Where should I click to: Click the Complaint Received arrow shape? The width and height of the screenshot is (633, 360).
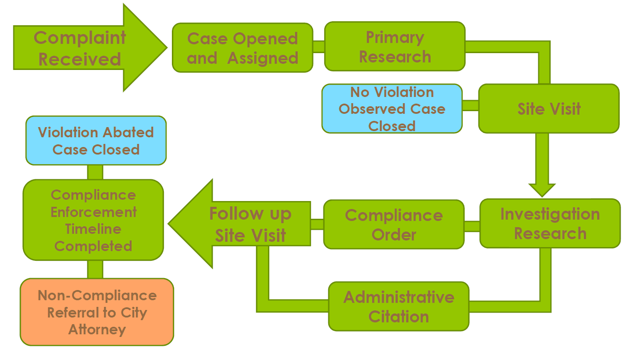tap(80, 48)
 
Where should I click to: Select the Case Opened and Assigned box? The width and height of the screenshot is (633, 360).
tap(242, 48)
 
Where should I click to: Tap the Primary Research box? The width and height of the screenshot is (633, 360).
tap(395, 46)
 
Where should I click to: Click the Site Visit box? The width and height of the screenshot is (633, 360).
tap(548, 108)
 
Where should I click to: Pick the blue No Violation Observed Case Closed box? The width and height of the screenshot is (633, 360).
tap(392, 108)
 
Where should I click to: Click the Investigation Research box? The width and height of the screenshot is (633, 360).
tap(550, 223)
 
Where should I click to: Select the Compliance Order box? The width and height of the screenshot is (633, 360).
tap(394, 224)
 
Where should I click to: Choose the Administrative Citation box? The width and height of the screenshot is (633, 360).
tap(398, 306)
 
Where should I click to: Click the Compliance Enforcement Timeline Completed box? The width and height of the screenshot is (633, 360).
tap(93, 220)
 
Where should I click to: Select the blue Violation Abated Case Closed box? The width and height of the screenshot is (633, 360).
tap(96, 140)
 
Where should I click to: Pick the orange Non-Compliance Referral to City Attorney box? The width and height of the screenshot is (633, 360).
tap(97, 312)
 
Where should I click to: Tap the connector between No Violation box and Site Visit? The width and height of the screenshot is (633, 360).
tap(470, 105)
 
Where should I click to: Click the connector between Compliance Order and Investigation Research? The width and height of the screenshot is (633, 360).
tap(472, 226)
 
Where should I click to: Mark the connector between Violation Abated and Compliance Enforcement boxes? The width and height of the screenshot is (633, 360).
tap(95, 172)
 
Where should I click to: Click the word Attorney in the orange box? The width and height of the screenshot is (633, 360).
tap(97, 329)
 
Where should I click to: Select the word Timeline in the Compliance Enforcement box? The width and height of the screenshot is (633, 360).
tap(93, 229)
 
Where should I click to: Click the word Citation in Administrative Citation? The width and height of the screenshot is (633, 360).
tap(399, 317)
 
